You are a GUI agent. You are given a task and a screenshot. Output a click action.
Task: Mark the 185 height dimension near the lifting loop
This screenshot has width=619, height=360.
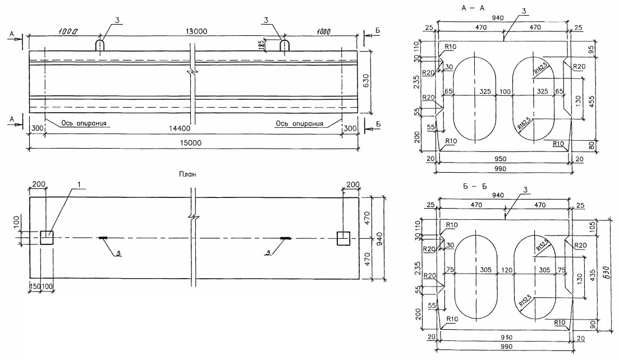(261, 45)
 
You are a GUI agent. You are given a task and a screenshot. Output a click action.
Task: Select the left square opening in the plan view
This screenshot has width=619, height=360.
(47, 238)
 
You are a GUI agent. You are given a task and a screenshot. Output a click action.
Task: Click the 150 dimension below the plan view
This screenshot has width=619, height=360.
(35, 287)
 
